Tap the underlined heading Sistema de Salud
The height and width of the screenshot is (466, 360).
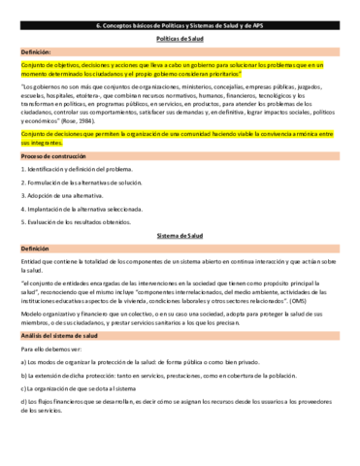[180, 236]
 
